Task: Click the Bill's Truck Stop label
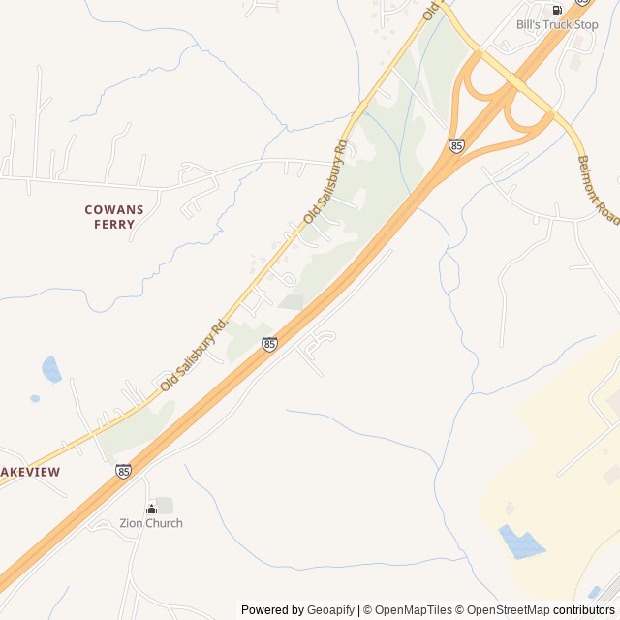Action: point(557,24)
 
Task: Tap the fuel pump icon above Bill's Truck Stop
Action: point(557,10)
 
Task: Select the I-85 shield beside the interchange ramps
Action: point(456,145)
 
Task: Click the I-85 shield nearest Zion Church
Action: point(123,471)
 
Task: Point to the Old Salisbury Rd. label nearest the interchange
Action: point(325,181)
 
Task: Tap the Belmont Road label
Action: point(598,190)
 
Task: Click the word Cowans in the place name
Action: point(114,209)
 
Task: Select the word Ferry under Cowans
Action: point(114,224)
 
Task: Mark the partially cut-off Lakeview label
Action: point(30,472)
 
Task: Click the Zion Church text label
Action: point(151,523)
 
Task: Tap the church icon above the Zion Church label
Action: point(151,509)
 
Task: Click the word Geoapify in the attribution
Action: point(332,610)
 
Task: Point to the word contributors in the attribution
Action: point(584,610)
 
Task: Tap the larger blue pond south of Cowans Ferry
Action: point(51,369)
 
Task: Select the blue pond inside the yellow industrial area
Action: point(521,542)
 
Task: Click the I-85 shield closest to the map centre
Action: point(269,344)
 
